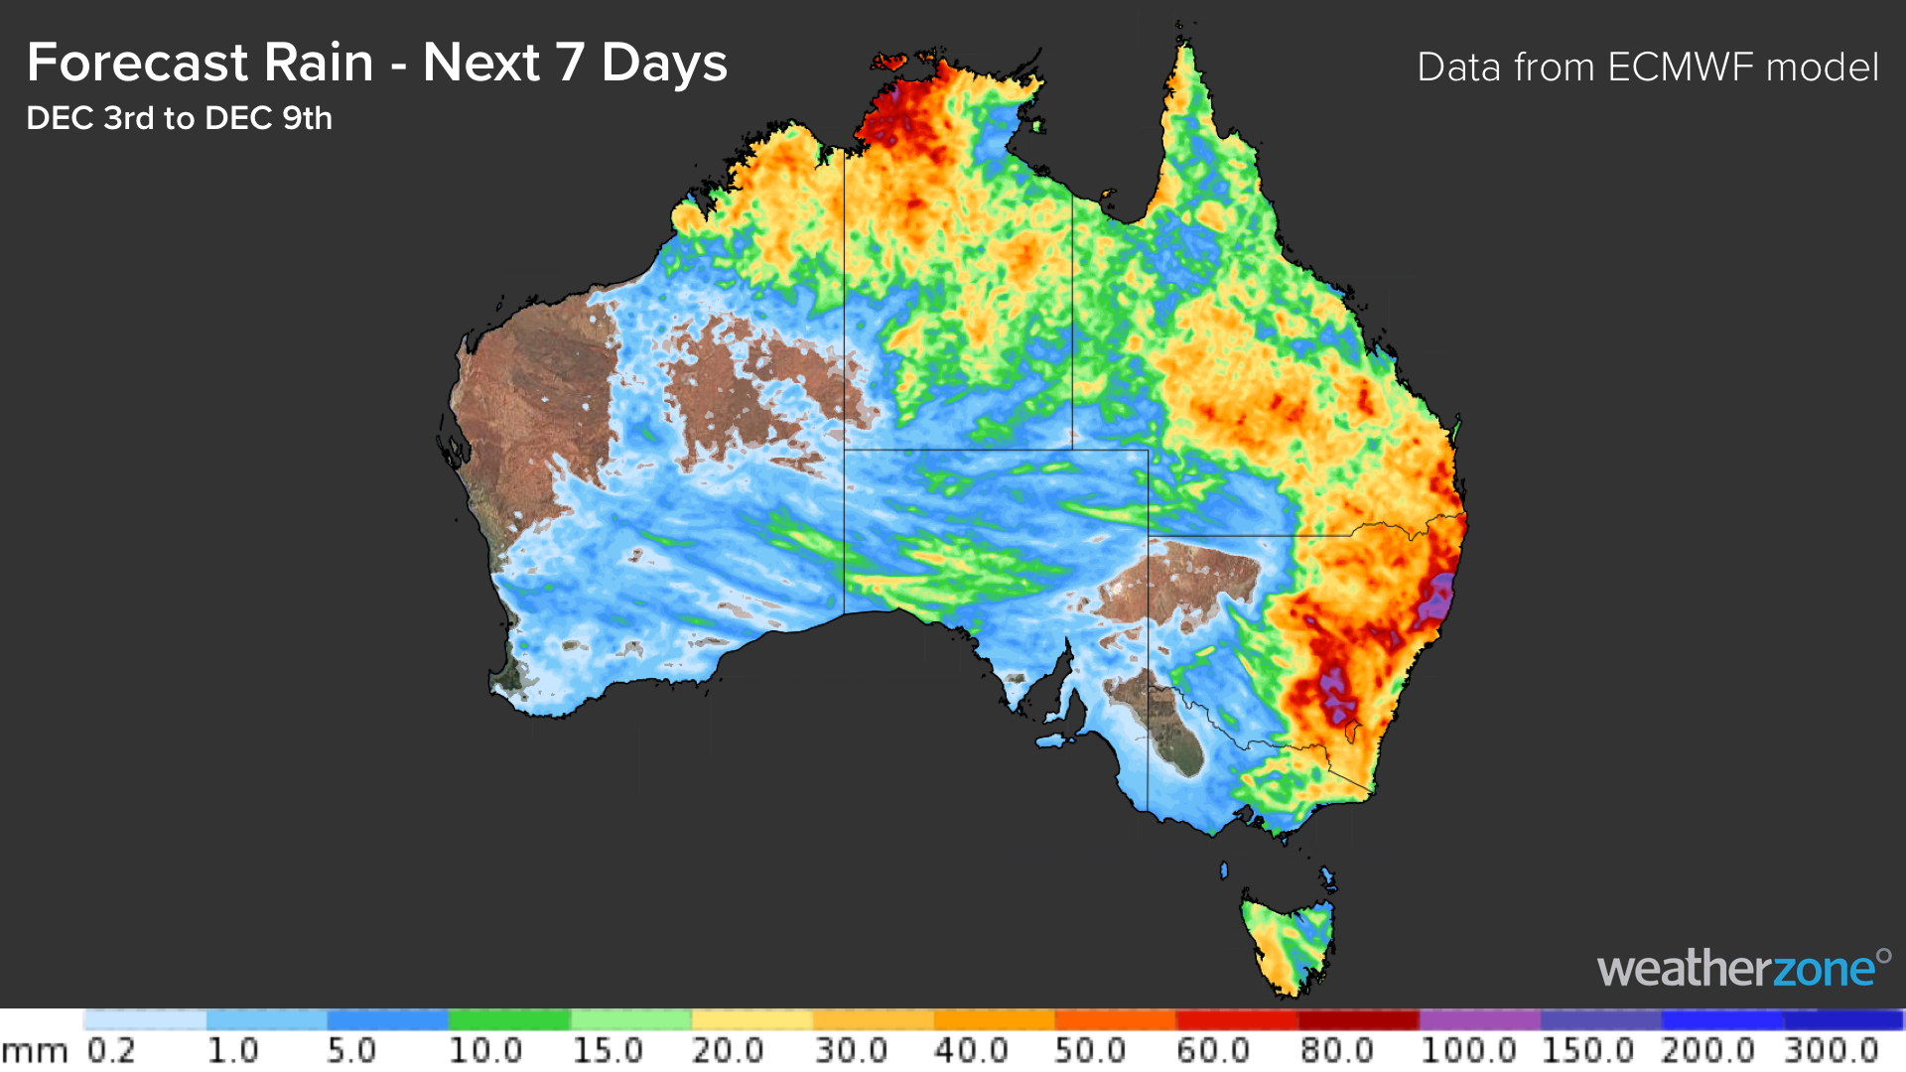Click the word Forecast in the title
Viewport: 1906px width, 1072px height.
(x=136, y=63)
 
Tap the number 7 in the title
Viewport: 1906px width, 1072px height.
(x=570, y=63)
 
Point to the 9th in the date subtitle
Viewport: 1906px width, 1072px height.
(x=307, y=118)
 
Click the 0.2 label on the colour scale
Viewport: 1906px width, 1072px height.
(x=111, y=1050)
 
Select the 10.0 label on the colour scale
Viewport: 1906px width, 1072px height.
(x=484, y=1050)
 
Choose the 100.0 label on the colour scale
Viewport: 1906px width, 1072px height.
(x=1466, y=1050)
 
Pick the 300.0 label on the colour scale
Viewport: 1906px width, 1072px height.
(x=1832, y=1050)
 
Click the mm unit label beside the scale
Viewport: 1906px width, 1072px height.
(x=35, y=1052)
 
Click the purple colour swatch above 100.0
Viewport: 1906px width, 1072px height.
(x=1479, y=1019)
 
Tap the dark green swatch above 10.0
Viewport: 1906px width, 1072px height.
(x=508, y=1019)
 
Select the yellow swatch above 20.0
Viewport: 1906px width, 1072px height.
(x=751, y=1019)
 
